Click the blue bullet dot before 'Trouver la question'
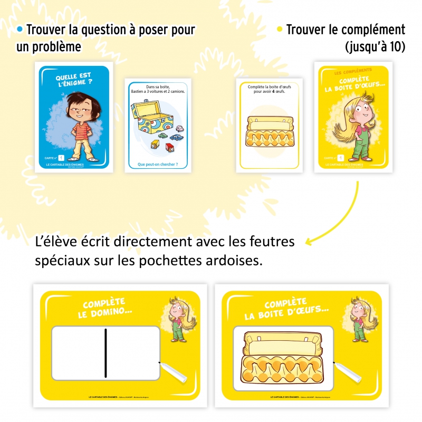point(20,28)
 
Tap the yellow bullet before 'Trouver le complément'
point(280,29)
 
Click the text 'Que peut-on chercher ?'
point(158,164)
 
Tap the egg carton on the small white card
point(269,130)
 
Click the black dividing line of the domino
point(105,353)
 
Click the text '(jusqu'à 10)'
point(375,46)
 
